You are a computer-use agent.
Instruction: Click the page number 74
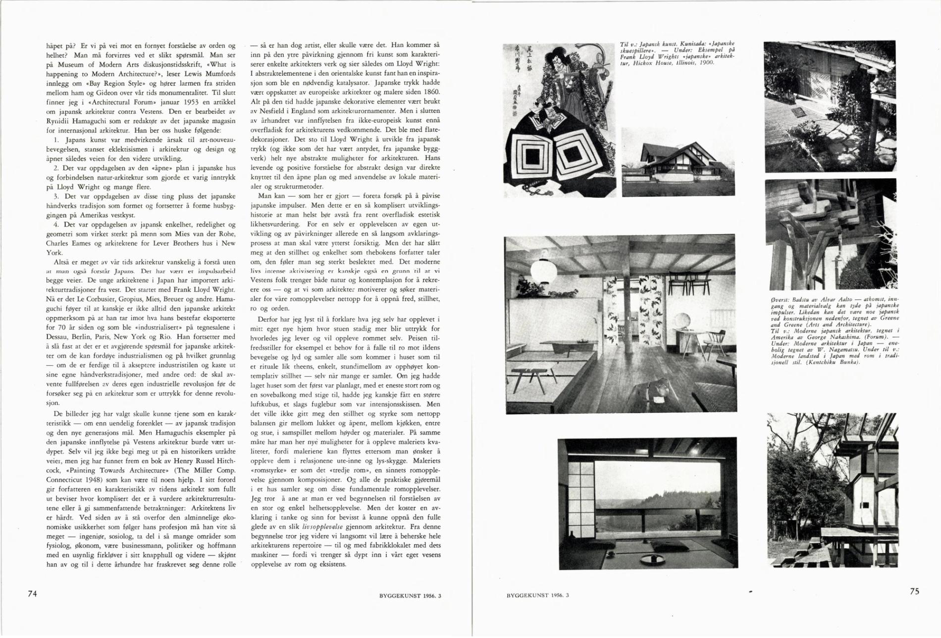tap(32, 593)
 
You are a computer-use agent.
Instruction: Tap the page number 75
tap(914, 591)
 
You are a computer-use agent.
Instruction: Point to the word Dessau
tap(56, 337)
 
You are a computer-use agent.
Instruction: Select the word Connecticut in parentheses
tap(67, 480)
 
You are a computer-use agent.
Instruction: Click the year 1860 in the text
tap(429, 92)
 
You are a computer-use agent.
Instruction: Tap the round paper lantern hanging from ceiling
tap(543, 270)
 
